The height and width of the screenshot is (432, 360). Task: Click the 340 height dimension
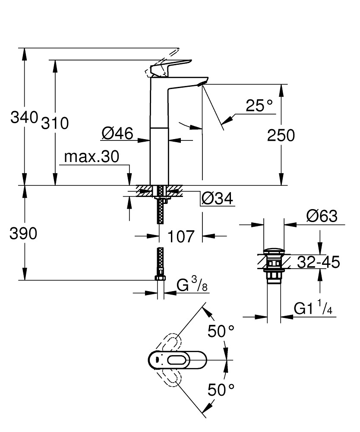(24, 118)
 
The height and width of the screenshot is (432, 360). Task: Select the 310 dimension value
(55, 124)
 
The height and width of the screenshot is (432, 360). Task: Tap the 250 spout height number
(281, 136)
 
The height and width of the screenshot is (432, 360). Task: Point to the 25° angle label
(259, 105)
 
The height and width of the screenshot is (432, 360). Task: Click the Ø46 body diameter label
(117, 134)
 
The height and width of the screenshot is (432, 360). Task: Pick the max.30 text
(91, 157)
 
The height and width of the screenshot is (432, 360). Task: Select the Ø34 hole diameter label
(217, 199)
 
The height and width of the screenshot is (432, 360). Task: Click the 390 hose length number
(24, 233)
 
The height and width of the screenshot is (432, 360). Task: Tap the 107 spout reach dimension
(181, 236)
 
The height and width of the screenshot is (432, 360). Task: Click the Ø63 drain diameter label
(322, 216)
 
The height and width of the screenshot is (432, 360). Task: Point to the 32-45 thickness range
(319, 262)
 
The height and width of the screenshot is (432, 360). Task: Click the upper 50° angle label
(221, 332)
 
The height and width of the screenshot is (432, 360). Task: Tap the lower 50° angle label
(221, 390)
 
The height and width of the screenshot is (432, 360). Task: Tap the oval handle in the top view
(177, 359)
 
